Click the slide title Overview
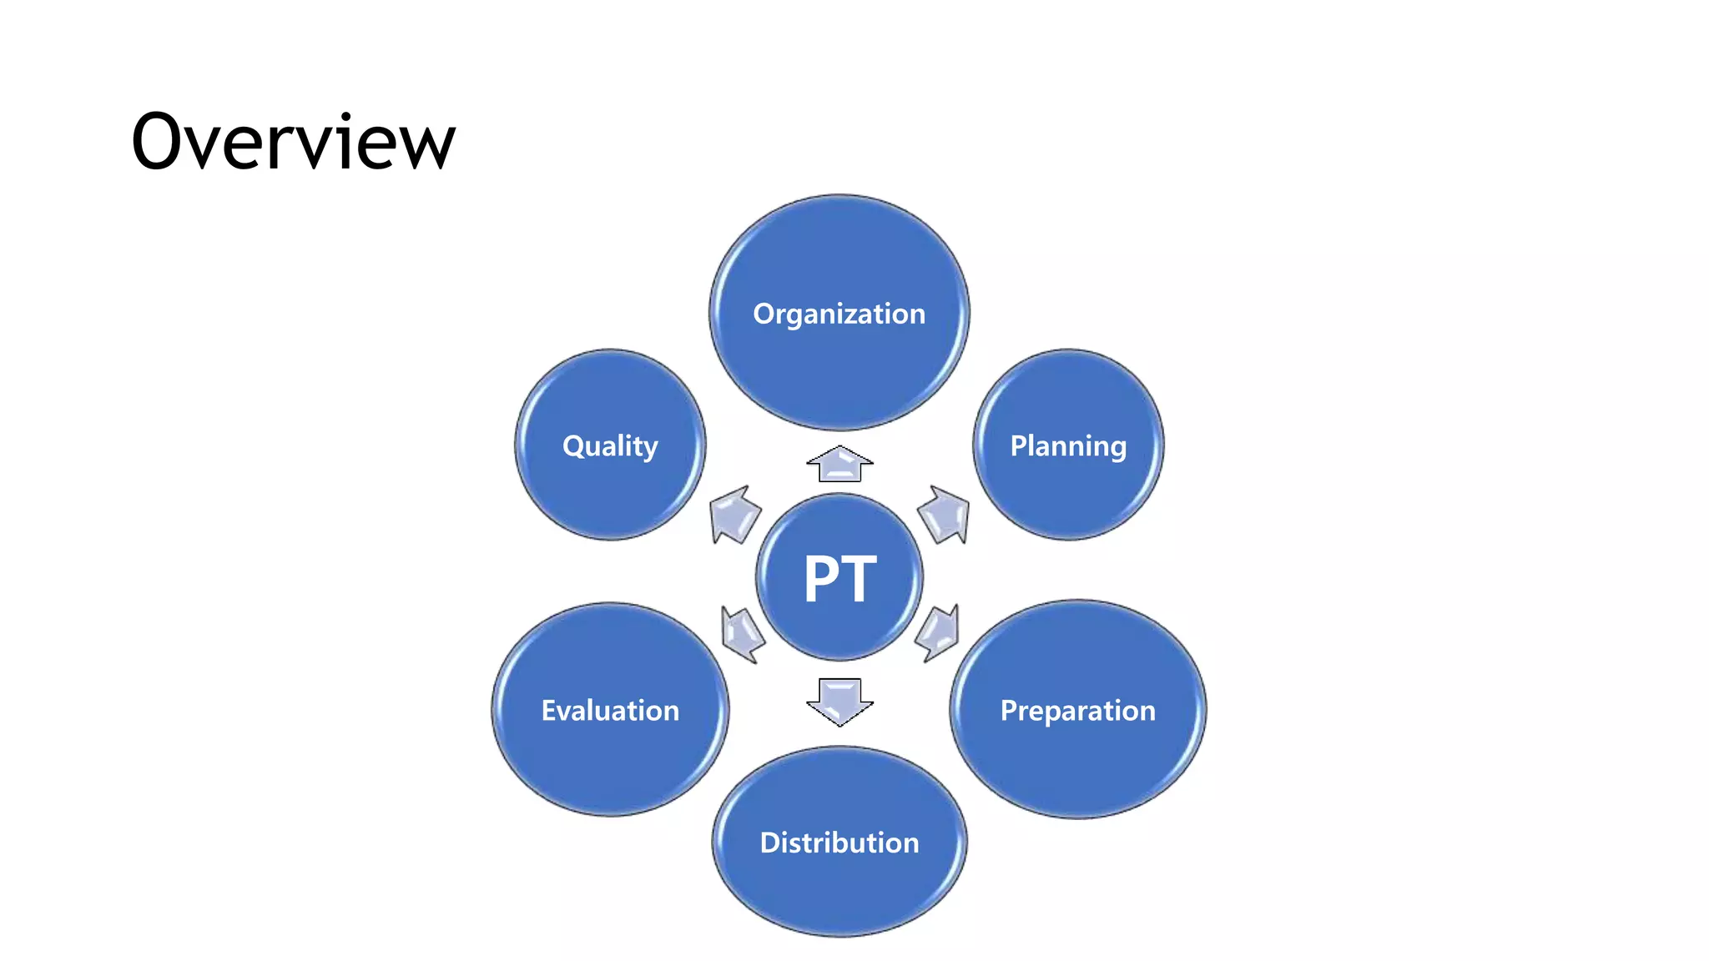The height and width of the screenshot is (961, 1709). [293, 142]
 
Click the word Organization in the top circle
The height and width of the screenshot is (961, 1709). [839, 314]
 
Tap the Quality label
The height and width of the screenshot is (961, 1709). [610, 446]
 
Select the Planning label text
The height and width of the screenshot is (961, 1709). [1068, 446]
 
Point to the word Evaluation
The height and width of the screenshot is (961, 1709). [610, 711]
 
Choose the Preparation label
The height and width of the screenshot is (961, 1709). [1077, 711]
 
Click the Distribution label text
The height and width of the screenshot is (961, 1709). [839, 843]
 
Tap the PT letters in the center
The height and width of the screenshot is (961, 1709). [839, 579]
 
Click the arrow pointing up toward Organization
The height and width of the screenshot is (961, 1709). [839, 464]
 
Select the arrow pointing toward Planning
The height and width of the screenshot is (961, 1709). [945, 514]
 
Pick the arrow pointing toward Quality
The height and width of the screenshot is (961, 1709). [734, 514]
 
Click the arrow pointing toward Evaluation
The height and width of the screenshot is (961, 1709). [742, 633]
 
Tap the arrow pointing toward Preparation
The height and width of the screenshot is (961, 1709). [938, 633]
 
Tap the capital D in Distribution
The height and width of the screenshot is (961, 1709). [769, 843]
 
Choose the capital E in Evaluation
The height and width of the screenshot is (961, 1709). [549, 711]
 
